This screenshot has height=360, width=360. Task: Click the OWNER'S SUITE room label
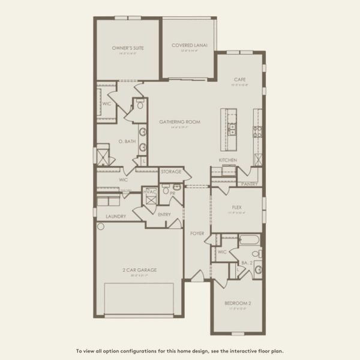tap(128, 47)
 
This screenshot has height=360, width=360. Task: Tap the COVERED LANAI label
tap(186, 45)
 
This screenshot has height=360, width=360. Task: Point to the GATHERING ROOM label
tap(179, 122)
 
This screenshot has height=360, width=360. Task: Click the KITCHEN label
tap(227, 160)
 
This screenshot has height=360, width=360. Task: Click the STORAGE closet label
tap(170, 172)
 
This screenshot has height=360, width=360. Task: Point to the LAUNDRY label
tap(115, 216)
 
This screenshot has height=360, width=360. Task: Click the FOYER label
tap(197, 233)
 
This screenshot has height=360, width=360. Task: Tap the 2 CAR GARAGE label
tap(140, 270)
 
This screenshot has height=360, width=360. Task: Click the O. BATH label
tap(127, 142)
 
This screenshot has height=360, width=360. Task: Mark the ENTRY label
tap(164, 214)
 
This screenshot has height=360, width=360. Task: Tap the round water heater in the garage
tap(101, 227)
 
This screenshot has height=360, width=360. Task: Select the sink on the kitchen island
tap(231, 128)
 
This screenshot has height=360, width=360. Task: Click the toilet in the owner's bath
tap(140, 104)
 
